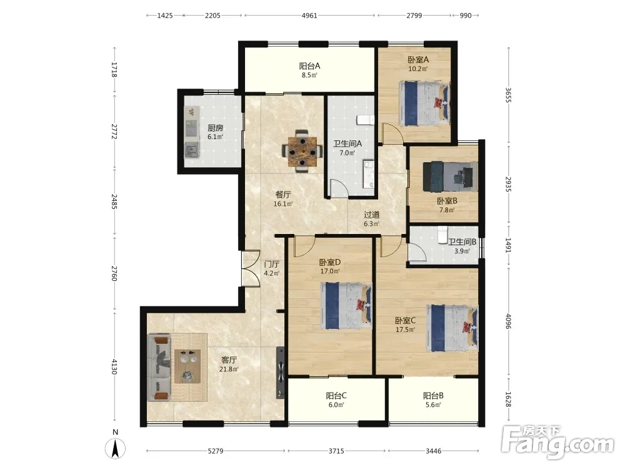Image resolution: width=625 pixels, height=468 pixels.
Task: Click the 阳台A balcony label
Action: (309, 66)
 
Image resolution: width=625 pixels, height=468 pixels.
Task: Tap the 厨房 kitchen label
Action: (215, 128)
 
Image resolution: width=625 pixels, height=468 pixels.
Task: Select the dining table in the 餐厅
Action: (302, 151)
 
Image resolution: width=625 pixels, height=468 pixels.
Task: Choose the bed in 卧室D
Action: (346, 306)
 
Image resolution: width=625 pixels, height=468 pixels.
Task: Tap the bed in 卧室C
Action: (452, 328)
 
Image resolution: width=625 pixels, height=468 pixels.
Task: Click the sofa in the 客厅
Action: (159, 368)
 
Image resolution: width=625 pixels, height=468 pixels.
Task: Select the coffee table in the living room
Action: (187, 366)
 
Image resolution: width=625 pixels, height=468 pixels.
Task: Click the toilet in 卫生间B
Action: (442, 235)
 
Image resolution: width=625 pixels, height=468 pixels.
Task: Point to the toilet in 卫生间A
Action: (365, 120)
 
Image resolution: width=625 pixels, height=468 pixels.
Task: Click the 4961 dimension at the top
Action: (309, 16)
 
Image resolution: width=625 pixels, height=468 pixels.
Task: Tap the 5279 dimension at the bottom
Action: (216, 451)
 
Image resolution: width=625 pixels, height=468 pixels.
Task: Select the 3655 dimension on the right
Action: (508, 95)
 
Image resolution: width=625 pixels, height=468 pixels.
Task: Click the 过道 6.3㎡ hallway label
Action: (371, 219)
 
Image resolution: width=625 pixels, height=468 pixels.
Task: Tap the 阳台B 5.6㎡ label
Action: (433, 400)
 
